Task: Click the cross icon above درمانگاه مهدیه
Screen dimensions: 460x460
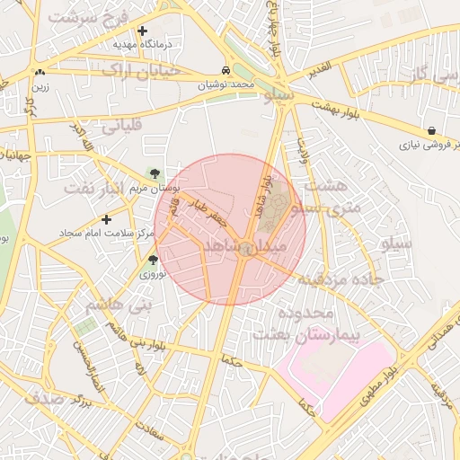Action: click(142, 31)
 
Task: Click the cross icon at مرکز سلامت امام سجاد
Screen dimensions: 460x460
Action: click(107, 219)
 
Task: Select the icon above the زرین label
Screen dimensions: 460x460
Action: click(39, 73)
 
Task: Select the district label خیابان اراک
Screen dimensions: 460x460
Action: click(141, 70)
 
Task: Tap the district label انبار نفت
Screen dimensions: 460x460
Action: click(100, 188)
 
